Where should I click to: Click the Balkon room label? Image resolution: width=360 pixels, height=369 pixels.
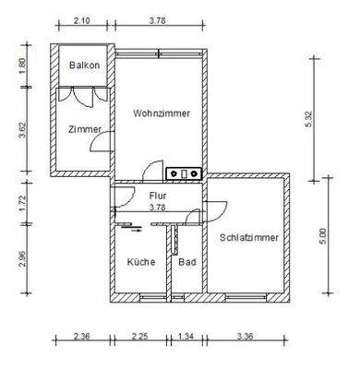tap(84, 65)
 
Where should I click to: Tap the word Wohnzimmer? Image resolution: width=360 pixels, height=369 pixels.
tap(162, 113)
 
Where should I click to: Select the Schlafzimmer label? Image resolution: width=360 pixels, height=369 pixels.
tap(248, 237)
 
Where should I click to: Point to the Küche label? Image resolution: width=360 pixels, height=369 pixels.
tap(141, 263)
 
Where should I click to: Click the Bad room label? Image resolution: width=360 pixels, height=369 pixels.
tap(186, 263)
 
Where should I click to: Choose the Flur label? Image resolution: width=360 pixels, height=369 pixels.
tap(157, 196)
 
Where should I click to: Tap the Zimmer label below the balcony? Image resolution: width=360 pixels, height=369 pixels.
tap(84, 129)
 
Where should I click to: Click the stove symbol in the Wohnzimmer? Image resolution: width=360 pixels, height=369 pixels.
tap(184, 172)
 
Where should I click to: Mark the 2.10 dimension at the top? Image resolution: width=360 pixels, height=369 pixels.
tap(82, 21)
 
